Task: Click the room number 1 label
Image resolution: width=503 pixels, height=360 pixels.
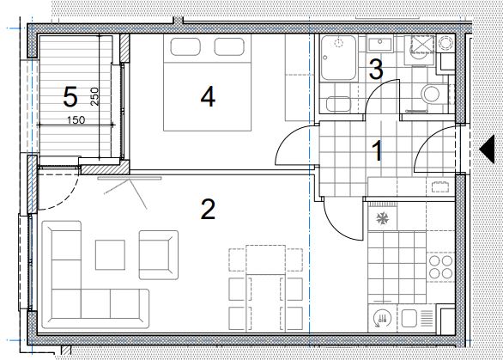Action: (x=378, y=151)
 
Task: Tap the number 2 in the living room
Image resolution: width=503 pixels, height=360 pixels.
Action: (x=208, y=210)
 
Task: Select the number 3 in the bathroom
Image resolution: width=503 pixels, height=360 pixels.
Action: (x=376, y=69)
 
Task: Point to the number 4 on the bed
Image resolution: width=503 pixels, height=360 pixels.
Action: (x=208, y=97)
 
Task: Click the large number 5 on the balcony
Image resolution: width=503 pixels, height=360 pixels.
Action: (x=70, y=97)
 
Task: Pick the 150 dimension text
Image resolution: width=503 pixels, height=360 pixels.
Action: (x=76, y=120)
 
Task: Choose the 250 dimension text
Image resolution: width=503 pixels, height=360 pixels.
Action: (x=94, y=97)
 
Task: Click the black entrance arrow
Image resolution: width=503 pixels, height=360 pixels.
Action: (x=487, y=149)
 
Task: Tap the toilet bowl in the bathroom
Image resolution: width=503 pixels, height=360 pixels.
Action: (x=432, y=95)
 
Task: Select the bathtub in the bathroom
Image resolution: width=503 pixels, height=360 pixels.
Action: (x=338, y=58)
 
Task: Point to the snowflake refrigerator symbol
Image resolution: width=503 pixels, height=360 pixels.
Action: (x=382, y=219)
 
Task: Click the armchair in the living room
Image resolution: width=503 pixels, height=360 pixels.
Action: (x=159, y=254)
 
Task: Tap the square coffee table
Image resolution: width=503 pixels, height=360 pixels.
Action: (x=110, y=254)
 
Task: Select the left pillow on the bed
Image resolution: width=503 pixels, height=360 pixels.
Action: (x=185, y=46)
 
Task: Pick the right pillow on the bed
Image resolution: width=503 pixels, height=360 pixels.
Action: (x=229, y=46)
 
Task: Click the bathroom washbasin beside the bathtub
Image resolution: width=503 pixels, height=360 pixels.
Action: (x=380, y=45)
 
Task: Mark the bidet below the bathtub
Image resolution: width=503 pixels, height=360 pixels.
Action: (x=338, y=104)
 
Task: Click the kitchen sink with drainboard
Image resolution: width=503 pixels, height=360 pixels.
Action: (x=416, y=318)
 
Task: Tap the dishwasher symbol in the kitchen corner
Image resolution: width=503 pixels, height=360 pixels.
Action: (x=383, y=319)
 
